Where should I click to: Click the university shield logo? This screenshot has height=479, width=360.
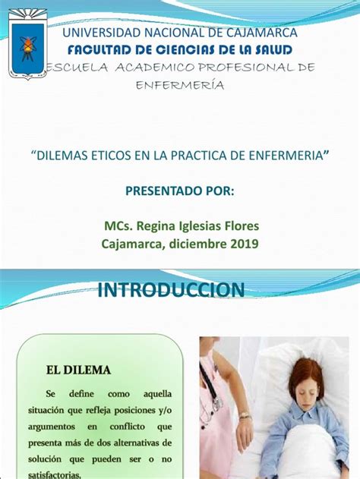tap(28, 44)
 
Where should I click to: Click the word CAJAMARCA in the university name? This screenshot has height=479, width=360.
tap(261, 33)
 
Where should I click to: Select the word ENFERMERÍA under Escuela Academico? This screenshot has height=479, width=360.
tap(180, 85)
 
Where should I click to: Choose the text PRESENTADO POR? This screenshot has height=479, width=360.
tap(180, 191)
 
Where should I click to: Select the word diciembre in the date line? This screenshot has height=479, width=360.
tap(198, 244)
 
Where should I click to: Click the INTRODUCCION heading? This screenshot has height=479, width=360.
tap(171, 290)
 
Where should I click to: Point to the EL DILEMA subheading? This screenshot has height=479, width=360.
tap(78, 370)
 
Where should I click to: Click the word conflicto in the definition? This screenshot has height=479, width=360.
tap(127, 427)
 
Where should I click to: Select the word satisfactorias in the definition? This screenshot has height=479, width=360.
tap(55, 474)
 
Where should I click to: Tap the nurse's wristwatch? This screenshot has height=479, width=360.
tap(245, 415)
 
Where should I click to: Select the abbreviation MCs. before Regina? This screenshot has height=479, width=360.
tap(118, 226)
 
